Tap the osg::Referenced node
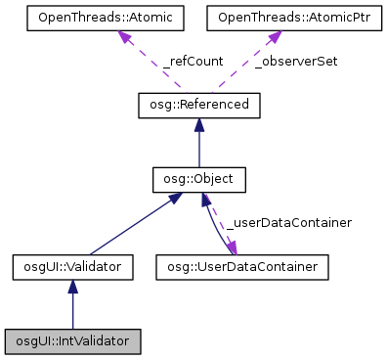click(x=199, y=105)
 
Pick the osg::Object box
click(x=199, y=180)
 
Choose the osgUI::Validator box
click(x=73, y=265)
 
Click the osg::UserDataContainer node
click(x=241, y=265)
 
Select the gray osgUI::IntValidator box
click(x=73, y=341)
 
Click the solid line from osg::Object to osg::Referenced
click(x=199, y=147)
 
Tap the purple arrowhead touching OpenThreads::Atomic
click(x=126, y=38)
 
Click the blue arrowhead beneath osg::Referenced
click(x=199, y=125)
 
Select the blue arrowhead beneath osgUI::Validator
click(x=73, y=286)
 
